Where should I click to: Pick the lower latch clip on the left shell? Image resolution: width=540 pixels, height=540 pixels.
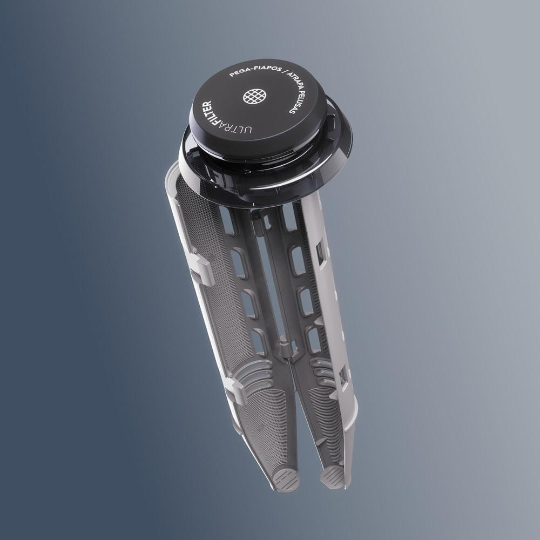click(235, 390)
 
